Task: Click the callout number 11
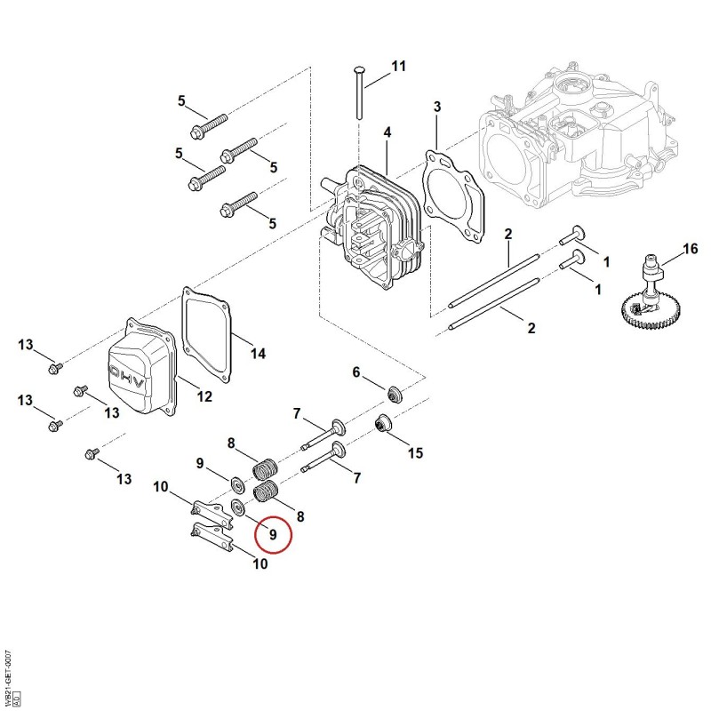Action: click(398, 66)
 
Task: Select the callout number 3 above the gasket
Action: click(437, 107)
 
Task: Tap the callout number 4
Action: click(387, 132)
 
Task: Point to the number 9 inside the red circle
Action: click(273, 535)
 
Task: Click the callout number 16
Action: click(691, 249)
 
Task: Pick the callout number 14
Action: click(258, 354)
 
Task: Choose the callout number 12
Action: click(204, 396)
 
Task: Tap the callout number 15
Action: click(415, 453)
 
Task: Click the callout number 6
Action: click(356, 372)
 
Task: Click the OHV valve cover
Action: click(142, 365)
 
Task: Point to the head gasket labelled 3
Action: click(454, 198)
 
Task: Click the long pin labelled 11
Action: click(359, 93)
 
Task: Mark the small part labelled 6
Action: click(395, 394)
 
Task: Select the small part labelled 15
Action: click(384, 423)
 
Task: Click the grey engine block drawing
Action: click(580, 136)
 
